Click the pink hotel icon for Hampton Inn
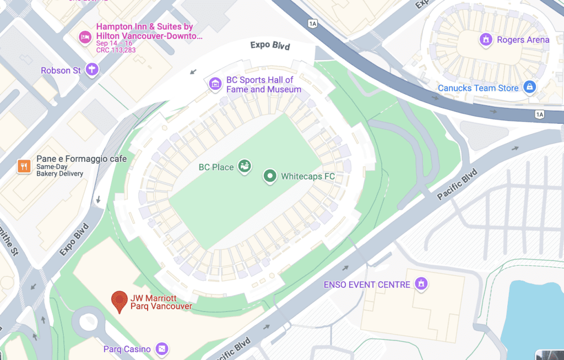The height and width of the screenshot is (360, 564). [x=85, y=36]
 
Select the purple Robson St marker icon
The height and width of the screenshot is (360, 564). [x=93, y=69]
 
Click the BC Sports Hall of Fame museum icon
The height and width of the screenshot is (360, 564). [x=215, y=84]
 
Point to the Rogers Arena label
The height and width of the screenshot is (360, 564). [x=523, y=40]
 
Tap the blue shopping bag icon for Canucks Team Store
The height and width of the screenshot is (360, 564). [x=529, y=87]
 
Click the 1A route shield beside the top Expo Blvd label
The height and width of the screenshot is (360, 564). [x=313, y=24]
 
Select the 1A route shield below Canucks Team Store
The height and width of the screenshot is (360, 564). [x=539, y=114]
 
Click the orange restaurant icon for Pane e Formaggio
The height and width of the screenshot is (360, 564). [x=23, y=166]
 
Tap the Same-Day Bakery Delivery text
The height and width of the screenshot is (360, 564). [x=59, y=170]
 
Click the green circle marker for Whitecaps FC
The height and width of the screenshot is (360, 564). [x=270, y=176]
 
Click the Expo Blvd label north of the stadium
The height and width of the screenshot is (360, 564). [x=269, y=45]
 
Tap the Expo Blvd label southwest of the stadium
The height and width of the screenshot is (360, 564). [x=74, y=239]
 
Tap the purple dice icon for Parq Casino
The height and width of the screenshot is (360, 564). [x=161, y=348]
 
